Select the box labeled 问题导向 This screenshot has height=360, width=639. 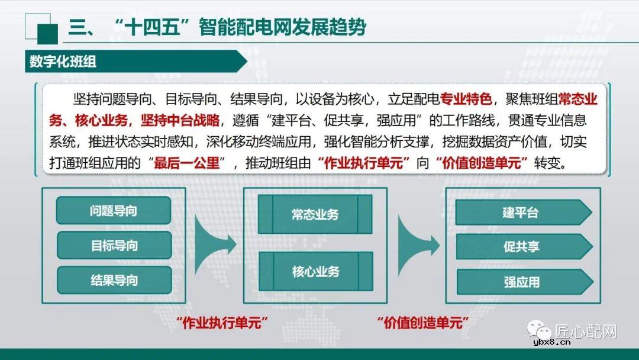coord(114,211)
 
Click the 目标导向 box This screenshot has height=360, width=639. coord(114,245)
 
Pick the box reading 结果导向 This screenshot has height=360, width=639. coord(114,280)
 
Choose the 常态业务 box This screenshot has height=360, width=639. coord(315,214)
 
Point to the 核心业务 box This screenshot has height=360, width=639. coord(315,272)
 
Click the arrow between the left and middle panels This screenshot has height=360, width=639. coord(214,243)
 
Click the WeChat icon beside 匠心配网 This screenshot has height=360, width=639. coord(540,330)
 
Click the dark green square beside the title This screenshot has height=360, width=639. coord(47,34)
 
